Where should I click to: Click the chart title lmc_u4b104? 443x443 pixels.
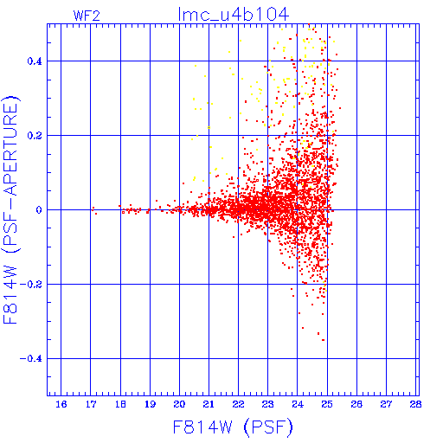(x=234, y=15)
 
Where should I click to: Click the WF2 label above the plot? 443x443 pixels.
(x=87, y=16)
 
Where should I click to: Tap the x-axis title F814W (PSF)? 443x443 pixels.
(x=233, y=427)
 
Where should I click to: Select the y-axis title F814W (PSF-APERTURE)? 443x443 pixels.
(x=10, y=209)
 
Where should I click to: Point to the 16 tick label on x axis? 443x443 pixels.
(x=61, y=404)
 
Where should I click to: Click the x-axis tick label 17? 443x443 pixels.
(x=91, y=404)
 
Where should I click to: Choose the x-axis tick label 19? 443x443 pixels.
(x=150, y=404)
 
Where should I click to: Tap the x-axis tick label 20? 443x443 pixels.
(x=179, y=404)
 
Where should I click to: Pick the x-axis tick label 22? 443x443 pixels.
(x=238, y=404)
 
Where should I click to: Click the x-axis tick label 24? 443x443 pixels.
(x=298, y=404)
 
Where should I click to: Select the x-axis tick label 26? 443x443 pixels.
(x=356, y=404)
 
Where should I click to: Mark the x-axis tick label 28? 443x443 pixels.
(x=415, y=404)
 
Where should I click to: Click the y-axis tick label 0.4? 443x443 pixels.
(x=35, y=61)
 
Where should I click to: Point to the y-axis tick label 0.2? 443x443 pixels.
(x=35, y=136)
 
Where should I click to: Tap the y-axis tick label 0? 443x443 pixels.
(x=39, y=210)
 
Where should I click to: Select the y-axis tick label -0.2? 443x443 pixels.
(x=30, y=285)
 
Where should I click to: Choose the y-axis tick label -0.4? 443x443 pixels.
(x=30, y=359)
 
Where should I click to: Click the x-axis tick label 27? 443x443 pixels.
(x=386, y=404)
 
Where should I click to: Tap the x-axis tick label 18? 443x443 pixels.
(x=120, y=404)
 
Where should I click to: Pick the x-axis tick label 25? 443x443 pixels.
(x=327, y=404)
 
